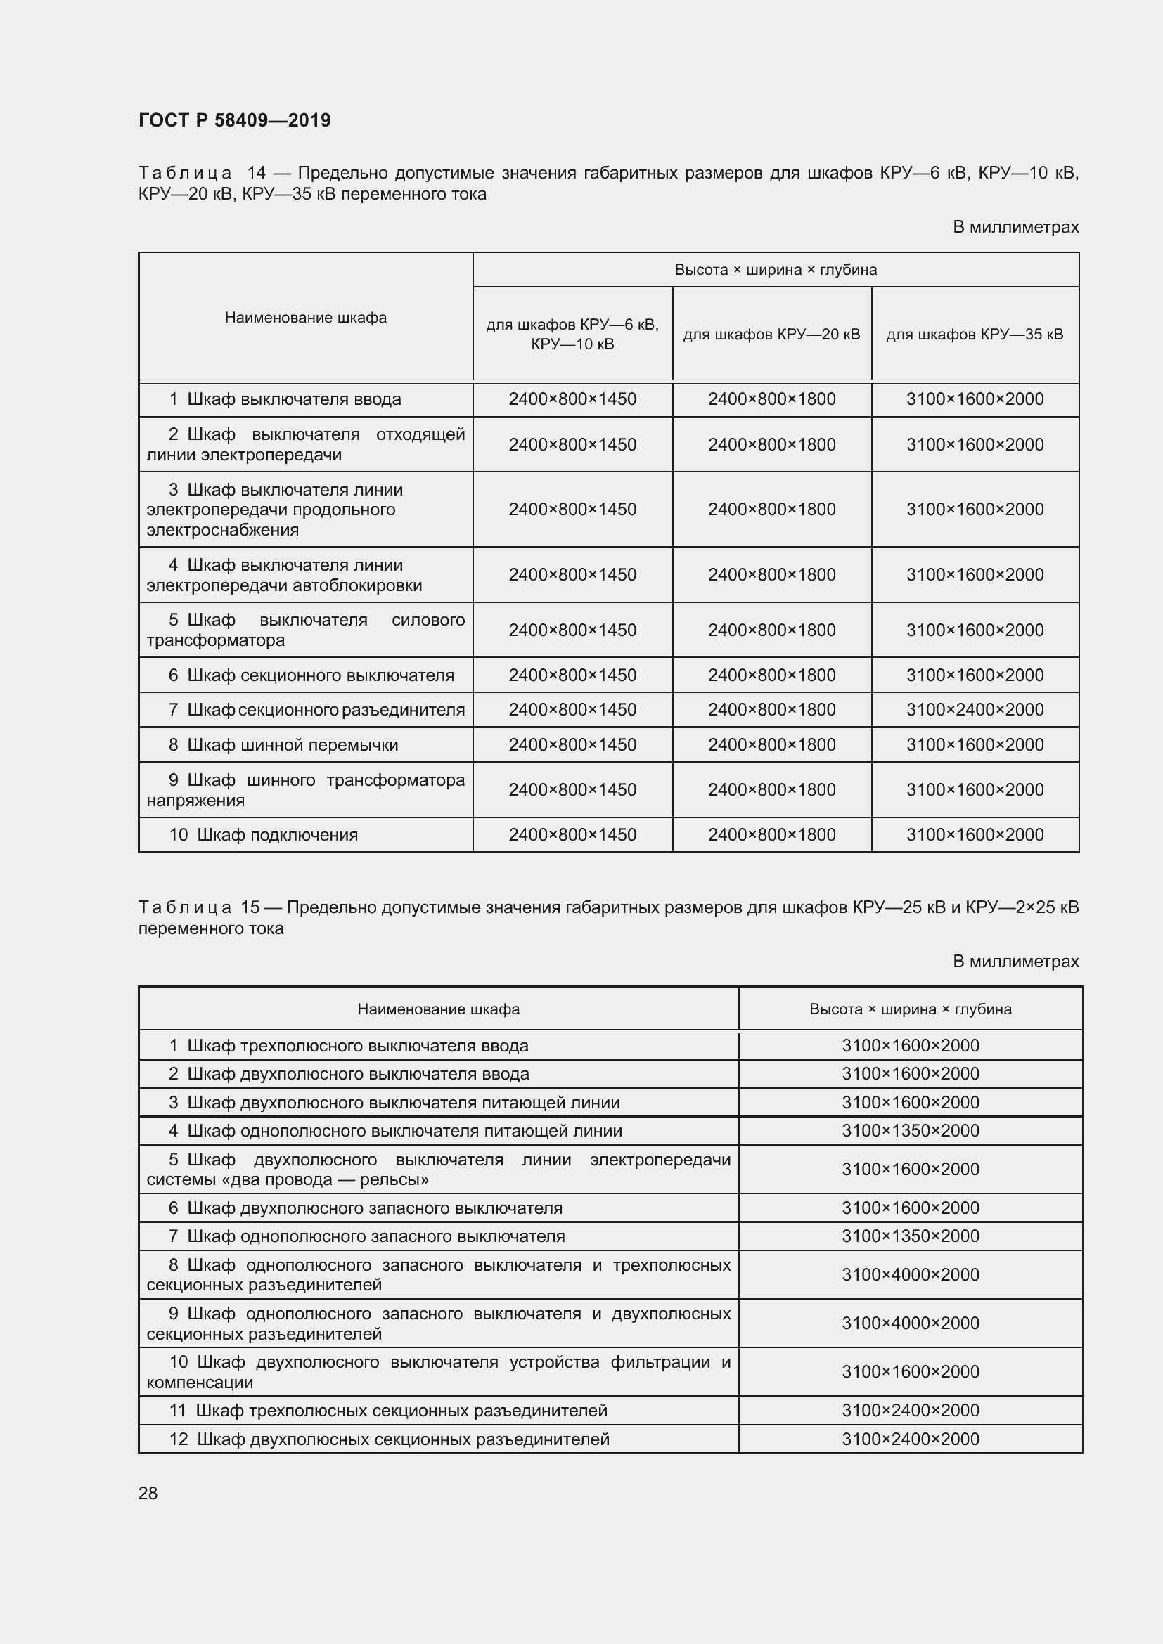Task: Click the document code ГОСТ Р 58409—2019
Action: coord(234,120)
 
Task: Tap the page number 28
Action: coord(148,1493)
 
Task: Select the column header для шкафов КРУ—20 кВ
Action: coord(771,335)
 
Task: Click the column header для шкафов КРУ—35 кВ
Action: coord(975,335)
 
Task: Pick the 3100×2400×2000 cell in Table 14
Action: coord(975,710)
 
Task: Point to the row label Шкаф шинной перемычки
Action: coord(292,744)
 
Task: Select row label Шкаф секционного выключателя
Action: coord(319,675)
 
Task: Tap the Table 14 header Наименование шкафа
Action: coord(306,317)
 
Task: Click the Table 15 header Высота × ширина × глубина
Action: coord(910,1009)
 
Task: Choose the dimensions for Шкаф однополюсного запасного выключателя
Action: coord(910,1236)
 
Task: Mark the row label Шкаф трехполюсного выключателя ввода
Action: coord(357,1045)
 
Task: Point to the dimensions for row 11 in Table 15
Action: coord(910,1410)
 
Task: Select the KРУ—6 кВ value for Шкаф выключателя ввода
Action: coord(572,399)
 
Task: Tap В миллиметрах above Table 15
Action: coord(1015,962)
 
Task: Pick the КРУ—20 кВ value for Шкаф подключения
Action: coord(771,835)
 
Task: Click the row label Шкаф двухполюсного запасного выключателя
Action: coord(375,1208)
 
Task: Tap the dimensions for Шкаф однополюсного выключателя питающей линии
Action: coord(910,1131)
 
